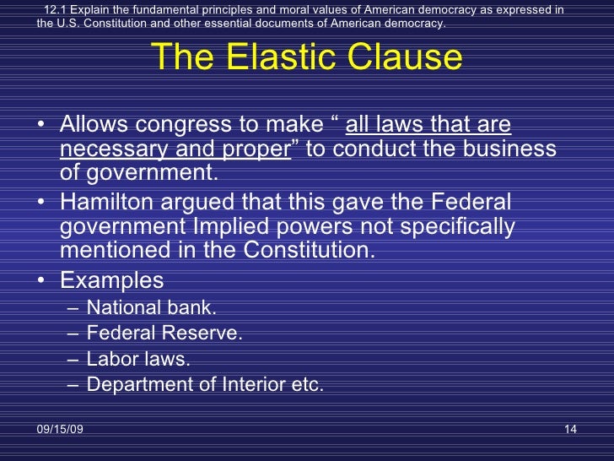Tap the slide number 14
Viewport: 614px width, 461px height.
[569, 431]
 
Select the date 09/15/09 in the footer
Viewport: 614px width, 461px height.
[60, 431]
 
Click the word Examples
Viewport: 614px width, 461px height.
[112, 279]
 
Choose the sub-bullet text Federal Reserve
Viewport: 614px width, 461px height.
[164, 334]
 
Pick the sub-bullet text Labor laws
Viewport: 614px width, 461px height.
[138, 359]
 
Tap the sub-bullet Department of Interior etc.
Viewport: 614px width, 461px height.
[205, 384]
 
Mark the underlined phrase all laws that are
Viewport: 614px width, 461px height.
[428, 126]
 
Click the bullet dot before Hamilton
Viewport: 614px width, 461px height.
[43, 205]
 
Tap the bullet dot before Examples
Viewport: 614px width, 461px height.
[43, 279]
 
